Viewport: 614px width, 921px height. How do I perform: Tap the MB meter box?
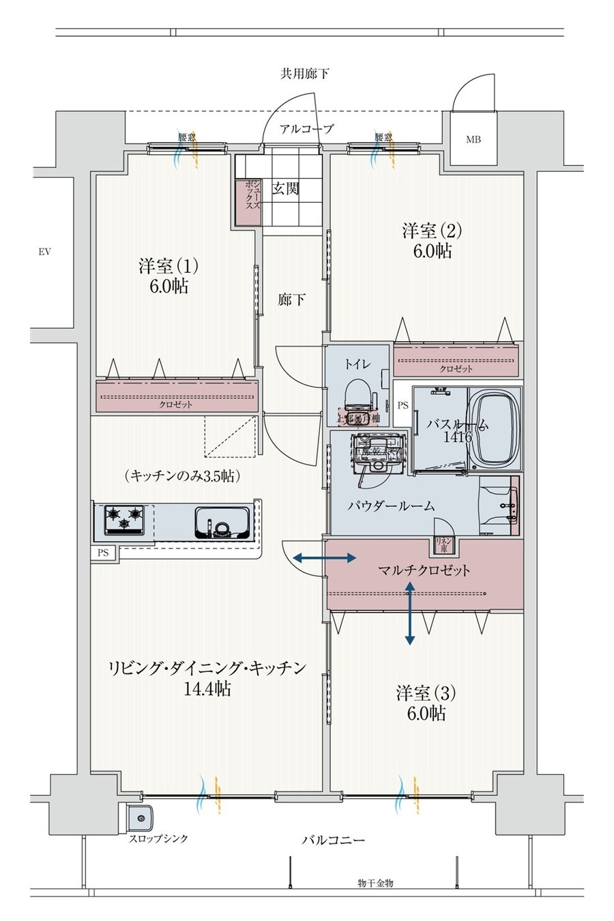point(473,140)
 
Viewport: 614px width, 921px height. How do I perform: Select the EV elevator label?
point(45,252)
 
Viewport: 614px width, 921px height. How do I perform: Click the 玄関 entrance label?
point(287,189)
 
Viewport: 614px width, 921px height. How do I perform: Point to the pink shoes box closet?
point(247,201)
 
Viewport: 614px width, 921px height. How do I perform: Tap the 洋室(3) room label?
point(426,693)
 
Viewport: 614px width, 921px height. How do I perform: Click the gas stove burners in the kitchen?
point(125,519)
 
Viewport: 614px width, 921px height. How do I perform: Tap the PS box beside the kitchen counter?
point(103,553)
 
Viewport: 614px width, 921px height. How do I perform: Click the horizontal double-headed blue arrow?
point(324,558)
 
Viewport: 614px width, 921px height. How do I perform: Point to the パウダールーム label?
point(391,506)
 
